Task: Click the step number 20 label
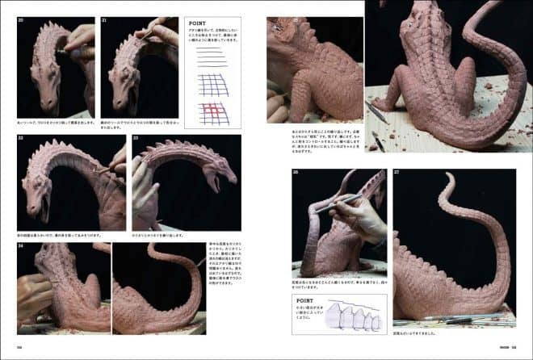[22, 21]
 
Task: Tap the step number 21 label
[105, 21]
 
